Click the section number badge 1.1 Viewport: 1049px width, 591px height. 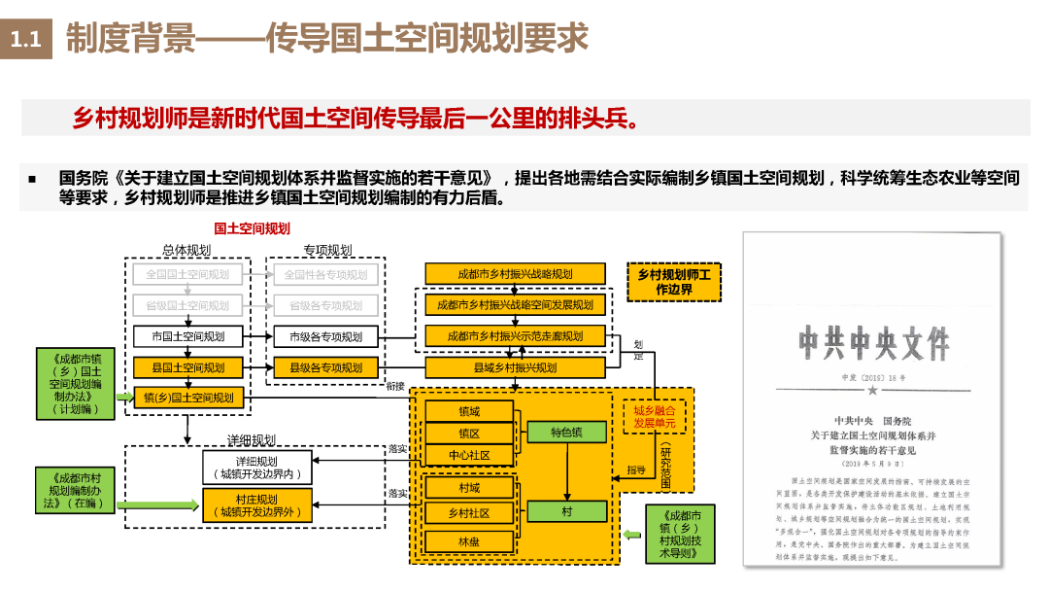(x=25, y=40)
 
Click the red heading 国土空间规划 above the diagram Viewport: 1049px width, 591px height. (x=252, y=228)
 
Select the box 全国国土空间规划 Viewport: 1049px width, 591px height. (x=187, y=274)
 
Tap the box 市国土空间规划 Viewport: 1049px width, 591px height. (x=187, y=336)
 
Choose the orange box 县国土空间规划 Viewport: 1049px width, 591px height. (x=187, y=367)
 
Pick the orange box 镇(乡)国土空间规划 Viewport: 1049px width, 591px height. (x=187, y=398)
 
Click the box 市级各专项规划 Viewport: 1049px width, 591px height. (x=325, y=336)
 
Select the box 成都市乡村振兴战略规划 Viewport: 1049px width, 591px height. (x=515, y=274)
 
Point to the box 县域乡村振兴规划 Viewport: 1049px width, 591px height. (x=515, y=367)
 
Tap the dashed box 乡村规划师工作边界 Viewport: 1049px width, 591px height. (x=673, y=282)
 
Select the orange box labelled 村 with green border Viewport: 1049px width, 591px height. (x=566, y=511)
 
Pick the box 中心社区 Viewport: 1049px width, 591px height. (x=469, y=455)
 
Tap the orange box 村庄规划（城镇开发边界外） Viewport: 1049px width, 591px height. (x=254, y=505)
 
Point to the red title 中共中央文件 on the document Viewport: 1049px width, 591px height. (x=872, y=343)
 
